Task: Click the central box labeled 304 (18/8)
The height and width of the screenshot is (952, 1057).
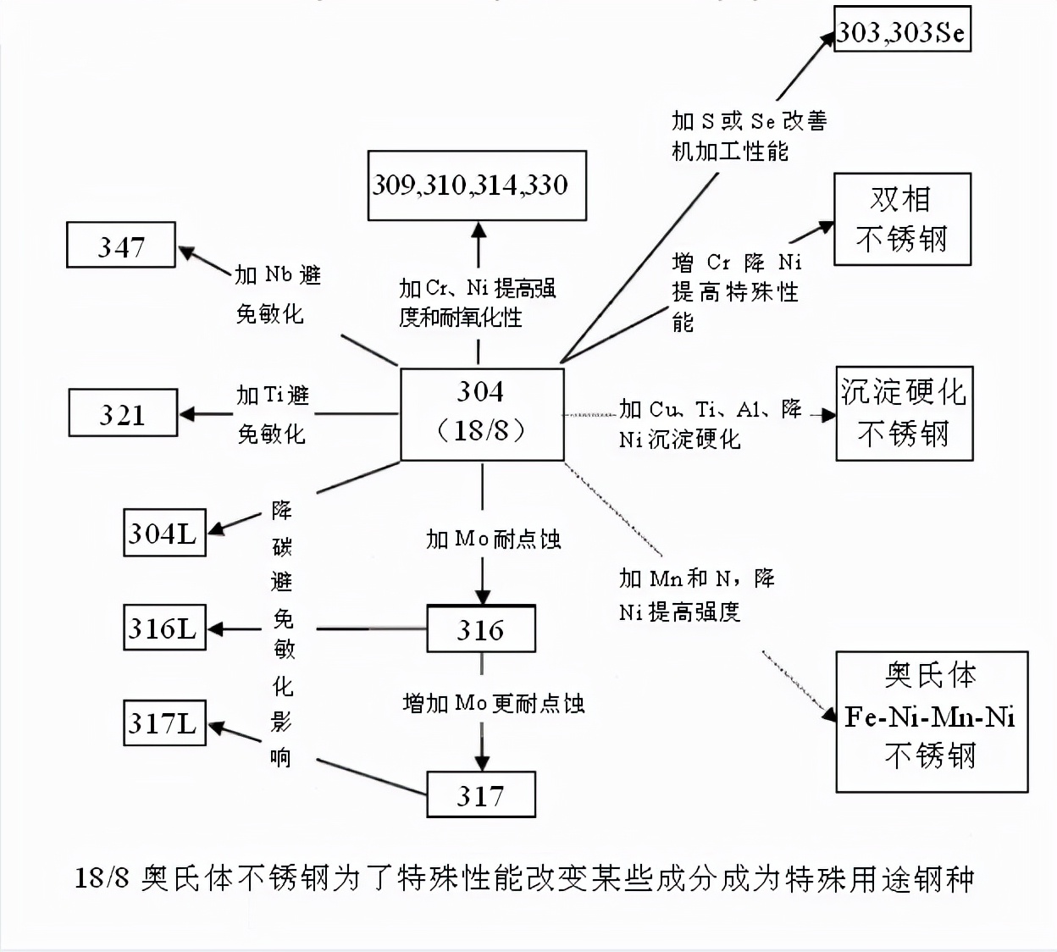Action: coord(481,413)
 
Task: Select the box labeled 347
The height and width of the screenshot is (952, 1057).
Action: coord(121,246)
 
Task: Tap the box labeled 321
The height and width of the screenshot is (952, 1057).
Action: coord(123,413)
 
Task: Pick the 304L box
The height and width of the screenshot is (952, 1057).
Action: coord(164,533)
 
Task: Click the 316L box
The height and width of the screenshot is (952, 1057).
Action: coord(164,628)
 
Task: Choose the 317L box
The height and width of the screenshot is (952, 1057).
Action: coord(164,722)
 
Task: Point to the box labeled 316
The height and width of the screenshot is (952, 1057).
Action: coord(480,629)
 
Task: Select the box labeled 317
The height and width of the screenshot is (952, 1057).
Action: coord(480,794)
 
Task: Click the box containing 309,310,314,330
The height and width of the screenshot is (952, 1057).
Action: coord(477,185)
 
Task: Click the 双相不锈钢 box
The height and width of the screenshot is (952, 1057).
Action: coord(901,219)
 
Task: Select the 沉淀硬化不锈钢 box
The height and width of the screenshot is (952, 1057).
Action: coord(904,413)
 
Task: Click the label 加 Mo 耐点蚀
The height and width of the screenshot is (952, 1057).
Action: coord(493,539)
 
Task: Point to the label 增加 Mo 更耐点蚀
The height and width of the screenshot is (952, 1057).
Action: coord(493,703)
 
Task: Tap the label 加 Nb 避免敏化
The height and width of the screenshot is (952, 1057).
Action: coord(277,294)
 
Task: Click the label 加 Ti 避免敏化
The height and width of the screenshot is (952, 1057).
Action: coord(272,414)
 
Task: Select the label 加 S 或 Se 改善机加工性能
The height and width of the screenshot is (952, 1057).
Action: coord(749,136)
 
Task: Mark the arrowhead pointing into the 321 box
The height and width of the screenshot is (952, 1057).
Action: coord(188,414)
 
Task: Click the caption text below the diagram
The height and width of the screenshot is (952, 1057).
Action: coord(523,878)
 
